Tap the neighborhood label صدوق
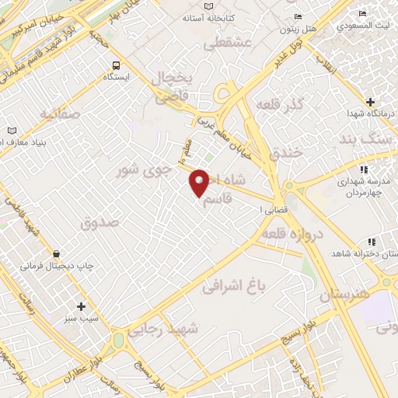(x=99, y=222)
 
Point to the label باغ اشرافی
(x=234, y=287)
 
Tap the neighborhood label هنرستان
(x=341, y=295)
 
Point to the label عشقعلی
(x=227, y=44)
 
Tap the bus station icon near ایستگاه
(x=116, y=65)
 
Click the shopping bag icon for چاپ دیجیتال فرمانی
(x=56, y=253)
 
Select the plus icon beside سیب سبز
(x=81, y=306)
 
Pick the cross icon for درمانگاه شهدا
(x=370, y=102)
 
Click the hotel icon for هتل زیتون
(x=298, y=17)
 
